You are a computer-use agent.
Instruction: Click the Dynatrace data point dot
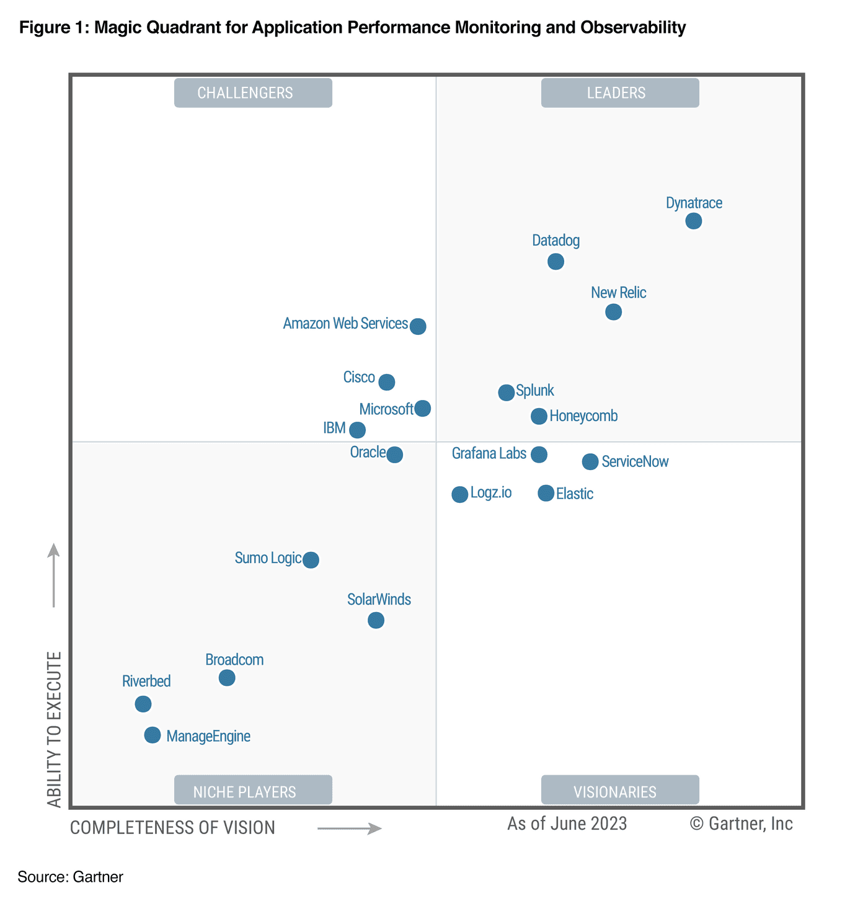[x=693, y=221]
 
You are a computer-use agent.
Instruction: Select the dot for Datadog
[x=556, y=261]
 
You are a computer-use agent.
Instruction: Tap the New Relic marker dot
[x=613, y=311]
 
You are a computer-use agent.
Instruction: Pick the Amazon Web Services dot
[x=418, y=326]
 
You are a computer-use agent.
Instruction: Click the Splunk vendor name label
[x=535, y=391]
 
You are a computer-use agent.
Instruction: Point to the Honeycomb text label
[x=583, y=416]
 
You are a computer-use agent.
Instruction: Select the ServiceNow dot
[x=590, y=461]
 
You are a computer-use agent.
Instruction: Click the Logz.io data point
[x=459, y=494]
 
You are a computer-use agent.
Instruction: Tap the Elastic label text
[x=575, y=494]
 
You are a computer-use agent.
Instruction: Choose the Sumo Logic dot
[x=311, y=560]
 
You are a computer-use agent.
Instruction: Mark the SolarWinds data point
[x=376, y=620]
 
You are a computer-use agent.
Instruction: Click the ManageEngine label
[x=208, y=737]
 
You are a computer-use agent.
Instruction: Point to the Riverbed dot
[x=143, y=704]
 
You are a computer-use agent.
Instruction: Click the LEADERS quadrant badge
[x=620, y=93]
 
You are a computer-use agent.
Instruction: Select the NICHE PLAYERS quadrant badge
[x=253, y=791]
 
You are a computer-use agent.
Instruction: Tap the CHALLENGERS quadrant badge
[x=253, y=93]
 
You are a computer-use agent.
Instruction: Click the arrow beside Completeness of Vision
[x=349, y=828]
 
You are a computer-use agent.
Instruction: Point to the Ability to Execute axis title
[x=55, y=729]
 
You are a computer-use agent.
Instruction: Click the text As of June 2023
[x=567, y=824]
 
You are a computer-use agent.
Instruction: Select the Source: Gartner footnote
[x=71, y=877]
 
